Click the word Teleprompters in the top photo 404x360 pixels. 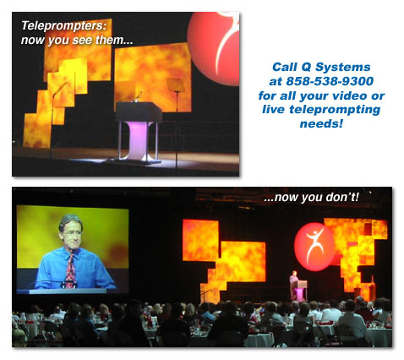tap(64, 26)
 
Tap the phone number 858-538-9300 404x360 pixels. tap(330, 81)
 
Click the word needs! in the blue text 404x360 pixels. tap(321, 123)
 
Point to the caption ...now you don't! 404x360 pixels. tap(312, 197)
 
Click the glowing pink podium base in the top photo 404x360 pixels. tap(139, 139)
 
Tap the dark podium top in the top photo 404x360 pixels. tap(139, 112)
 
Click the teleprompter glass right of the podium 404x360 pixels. tap(176, 85)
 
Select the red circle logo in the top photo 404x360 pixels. tap(213, 48)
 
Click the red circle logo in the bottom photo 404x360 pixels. tap(314, 247)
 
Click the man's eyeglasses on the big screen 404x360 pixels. tap(71, 233)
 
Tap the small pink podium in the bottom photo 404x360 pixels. tap(299, 291)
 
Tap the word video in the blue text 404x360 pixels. tap(350, 95)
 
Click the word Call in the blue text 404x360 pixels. tap(285, 68)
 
